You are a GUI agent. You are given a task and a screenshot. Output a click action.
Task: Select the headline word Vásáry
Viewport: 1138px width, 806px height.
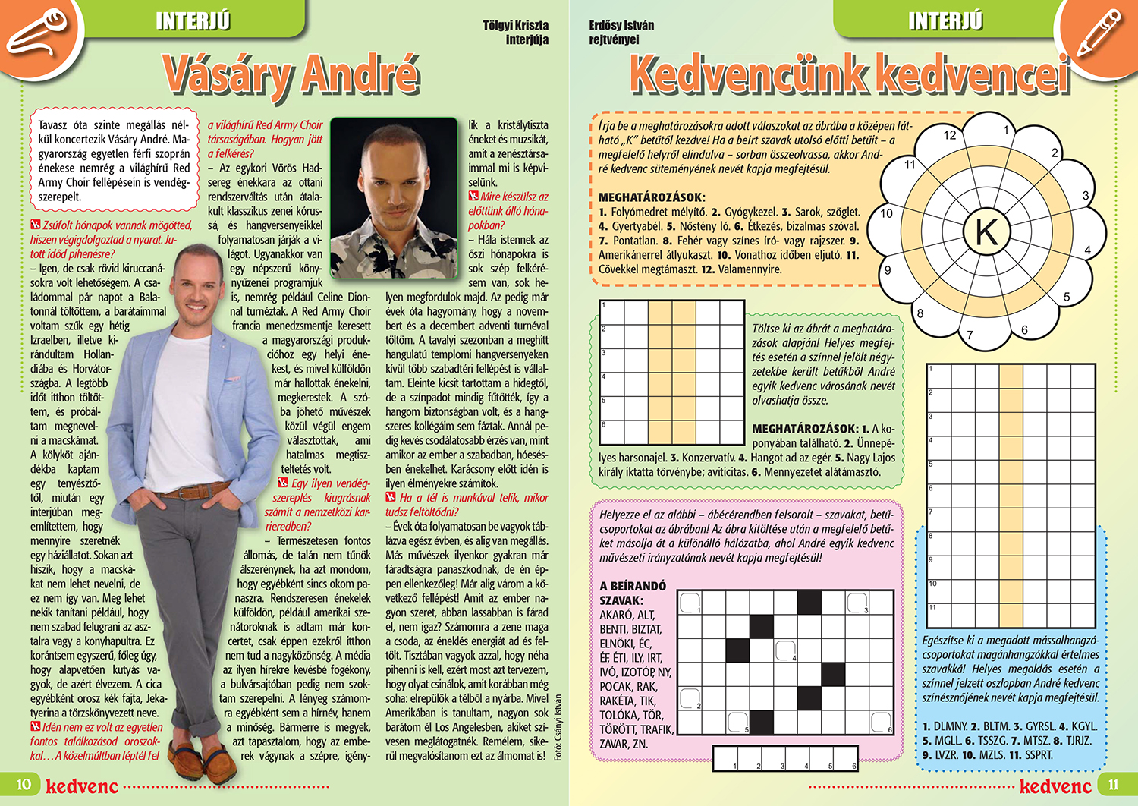click(x=228, y=76)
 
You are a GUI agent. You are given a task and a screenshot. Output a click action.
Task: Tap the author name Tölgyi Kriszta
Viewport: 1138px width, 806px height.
click(x=515, y=25)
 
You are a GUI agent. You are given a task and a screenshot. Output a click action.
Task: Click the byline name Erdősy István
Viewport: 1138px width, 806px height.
click(x=621, y=25)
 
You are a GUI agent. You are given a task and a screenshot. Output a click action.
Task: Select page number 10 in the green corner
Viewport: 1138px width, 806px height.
click(x=24, y=784)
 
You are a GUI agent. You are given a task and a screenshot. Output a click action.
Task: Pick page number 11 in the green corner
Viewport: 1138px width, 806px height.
click(x=1113, y=784)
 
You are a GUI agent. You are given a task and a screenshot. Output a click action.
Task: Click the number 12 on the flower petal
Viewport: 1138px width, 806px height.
click(x=950, y=135)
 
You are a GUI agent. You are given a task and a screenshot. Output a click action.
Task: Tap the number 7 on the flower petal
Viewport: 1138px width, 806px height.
click(x=970, y=335)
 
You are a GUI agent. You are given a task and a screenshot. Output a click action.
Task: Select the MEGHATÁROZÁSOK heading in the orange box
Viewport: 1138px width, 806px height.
click(x=652, y=197)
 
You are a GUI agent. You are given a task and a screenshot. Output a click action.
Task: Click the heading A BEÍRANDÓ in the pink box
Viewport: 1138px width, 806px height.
click(x=633, y=586)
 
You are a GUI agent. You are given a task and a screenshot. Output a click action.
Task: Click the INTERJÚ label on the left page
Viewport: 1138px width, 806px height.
click(x=193, y=20)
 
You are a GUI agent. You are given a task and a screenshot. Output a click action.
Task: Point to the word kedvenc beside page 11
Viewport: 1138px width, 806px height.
click(x=1055, y=786)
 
